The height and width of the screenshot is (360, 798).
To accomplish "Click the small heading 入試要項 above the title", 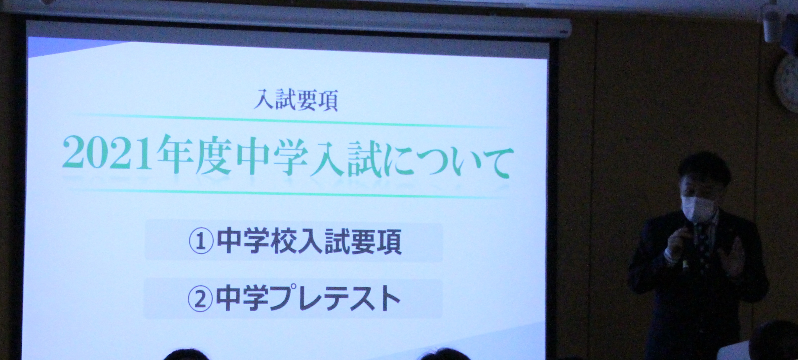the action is click(x=296, y=100).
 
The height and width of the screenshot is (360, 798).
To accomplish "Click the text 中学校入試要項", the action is click(x=309, y=242).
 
